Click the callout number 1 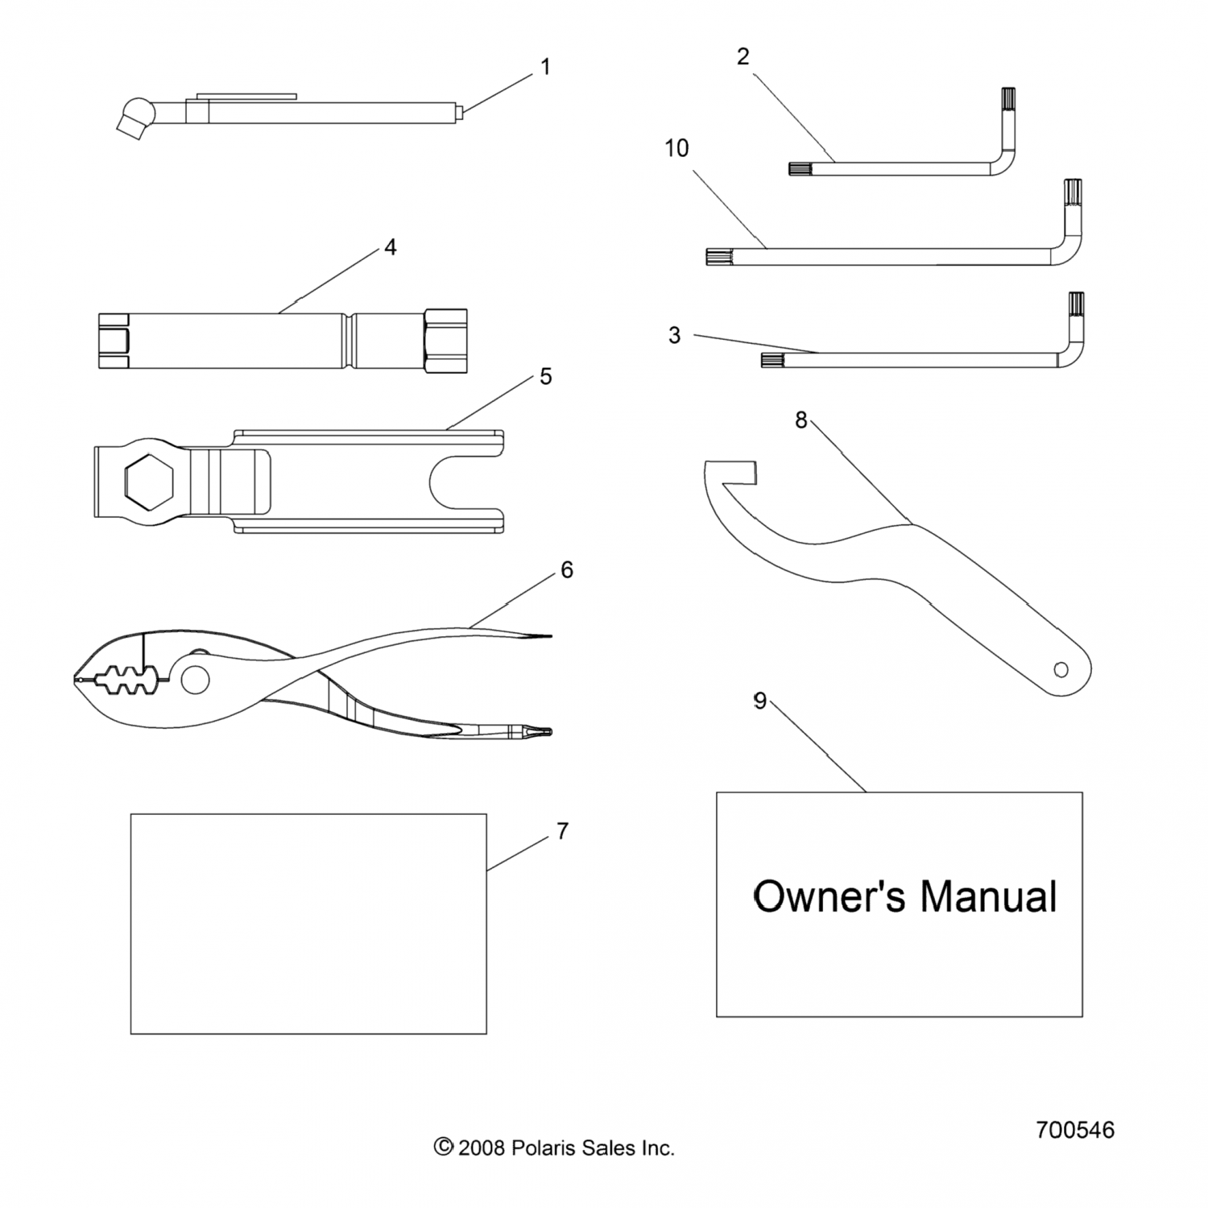tap(545, 67)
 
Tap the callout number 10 tap(676, 148)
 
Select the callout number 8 tap(801, 420)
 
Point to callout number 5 tap(545, 376)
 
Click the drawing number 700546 tap(1075, 1130)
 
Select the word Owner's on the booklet tap(829, 896)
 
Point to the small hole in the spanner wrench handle tap(1061, 668)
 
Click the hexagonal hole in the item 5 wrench tap(147, 482)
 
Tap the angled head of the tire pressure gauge tap(134, 115)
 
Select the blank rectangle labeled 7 tap(308, 923)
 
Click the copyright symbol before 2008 tap(443, 1147)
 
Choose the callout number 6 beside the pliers tap(566, 570)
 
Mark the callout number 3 tap(675, 335)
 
